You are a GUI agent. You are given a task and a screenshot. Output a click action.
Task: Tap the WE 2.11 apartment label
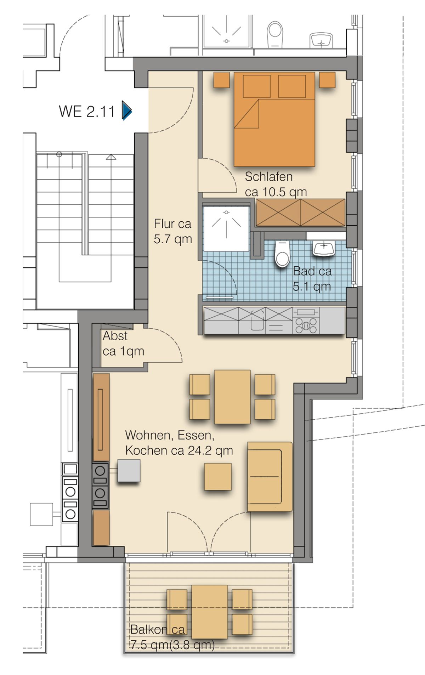tap(87, 111)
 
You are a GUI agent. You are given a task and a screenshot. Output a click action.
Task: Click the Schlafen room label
tap(268, 176)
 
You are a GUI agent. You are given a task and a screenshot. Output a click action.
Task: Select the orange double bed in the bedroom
tap(274, 119)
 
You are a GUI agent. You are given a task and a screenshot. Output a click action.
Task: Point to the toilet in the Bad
tap(282, 253)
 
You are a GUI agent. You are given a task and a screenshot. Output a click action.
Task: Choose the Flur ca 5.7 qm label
tap(173, 231)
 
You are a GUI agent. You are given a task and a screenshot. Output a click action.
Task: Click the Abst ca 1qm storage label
tap(123, 343)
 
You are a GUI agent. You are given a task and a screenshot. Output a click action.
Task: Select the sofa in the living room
tap(270, 476)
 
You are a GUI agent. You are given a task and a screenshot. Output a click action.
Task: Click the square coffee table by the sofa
tap(218, 477)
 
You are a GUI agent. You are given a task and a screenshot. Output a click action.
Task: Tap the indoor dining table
tap(232, 397)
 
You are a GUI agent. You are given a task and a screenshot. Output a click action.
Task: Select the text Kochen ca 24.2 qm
tap(179, 450)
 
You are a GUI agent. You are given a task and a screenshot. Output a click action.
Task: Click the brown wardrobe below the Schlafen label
tap(300, 212)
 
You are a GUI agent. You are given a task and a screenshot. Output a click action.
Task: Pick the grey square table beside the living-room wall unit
tap(129, 470)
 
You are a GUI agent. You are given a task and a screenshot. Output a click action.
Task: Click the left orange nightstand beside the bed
tap(222, 80)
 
